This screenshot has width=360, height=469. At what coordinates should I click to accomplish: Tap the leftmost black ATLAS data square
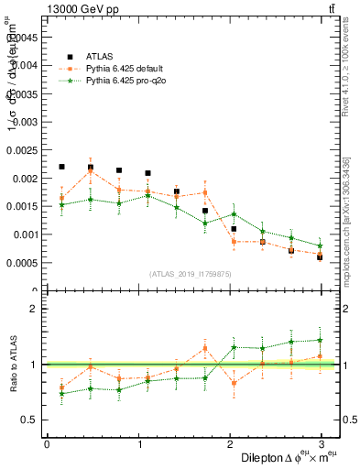tap(61, 167)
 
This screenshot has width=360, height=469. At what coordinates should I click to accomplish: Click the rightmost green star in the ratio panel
tap(320, 340)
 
